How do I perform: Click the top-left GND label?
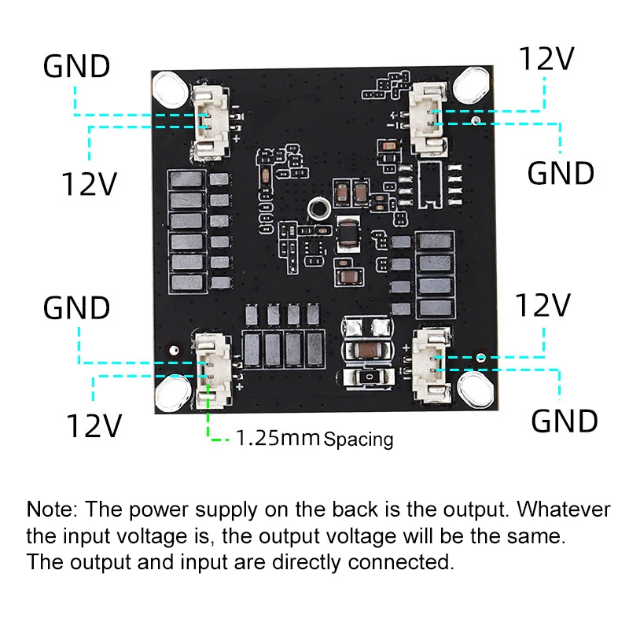point(76,66)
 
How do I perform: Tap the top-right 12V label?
point(546,59)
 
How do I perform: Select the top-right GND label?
point(561,173)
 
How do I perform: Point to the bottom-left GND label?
point(76,307)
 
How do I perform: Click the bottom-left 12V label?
point(94,425)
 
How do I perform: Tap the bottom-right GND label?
point(565,421)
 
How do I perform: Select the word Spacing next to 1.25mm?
point(359,439)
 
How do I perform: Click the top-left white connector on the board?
point(211,123)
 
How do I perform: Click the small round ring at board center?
point(318,209)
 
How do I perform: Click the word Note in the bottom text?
point(51,509)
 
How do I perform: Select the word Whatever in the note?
point(563,509)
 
